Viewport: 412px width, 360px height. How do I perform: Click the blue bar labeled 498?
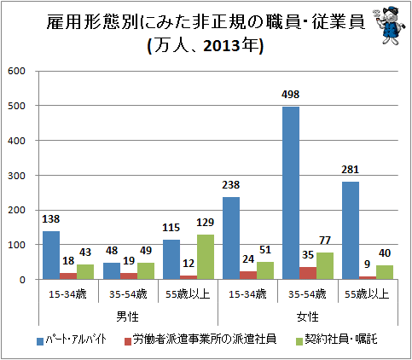click(291, 193)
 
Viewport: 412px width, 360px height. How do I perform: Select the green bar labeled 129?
click(206, 257)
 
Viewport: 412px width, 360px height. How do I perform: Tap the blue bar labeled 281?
click(351, 230)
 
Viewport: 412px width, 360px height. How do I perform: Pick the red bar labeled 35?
click(308, 273)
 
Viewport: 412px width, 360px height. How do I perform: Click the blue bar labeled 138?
click(51, 255)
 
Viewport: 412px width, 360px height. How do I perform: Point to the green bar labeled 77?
click(325, 266)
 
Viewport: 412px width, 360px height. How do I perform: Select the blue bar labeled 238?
click(231, 238)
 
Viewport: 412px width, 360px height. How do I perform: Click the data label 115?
click(171, 228)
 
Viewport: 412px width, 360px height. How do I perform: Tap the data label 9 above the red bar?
click(367, 264)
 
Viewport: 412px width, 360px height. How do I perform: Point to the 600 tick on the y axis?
click(16, 71)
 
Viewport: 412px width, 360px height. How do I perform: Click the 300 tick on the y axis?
click(16, 176)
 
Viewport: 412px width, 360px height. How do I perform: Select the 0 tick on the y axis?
click(22, 280)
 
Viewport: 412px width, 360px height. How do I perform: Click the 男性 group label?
click(127, 316)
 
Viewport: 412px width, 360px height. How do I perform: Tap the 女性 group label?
click(307, 316)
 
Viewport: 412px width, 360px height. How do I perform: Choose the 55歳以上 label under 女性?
click(367, 294)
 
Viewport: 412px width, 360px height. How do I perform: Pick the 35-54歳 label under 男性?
click(128, 294)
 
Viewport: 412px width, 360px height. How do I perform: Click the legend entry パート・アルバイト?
click(72, 340)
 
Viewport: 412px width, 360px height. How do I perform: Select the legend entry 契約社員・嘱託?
click(336, 340)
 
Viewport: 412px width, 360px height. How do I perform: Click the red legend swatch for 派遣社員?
click(128, 341)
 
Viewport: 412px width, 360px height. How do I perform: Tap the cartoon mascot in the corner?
click(390, 25)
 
